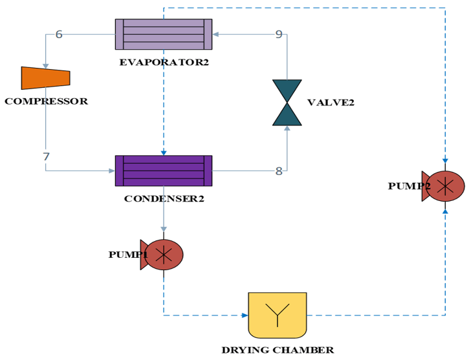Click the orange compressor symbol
[45, 78]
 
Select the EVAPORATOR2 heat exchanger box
[164, 34]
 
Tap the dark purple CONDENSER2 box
[164, 171]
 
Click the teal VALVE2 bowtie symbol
[287, 102]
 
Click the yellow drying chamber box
[278, 315]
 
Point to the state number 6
[59, 34]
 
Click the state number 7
[46, 157]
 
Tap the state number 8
[279, 171]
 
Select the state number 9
[279, 34]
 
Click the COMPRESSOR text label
[46, 101]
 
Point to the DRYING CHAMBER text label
[278, 350]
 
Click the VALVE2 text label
[331, 103]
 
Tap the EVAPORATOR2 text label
[164, 63]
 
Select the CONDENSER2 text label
[164, 198]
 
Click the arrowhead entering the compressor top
[45, 65]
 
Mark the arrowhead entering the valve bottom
[287, 128]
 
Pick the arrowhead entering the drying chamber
[245, 315]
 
